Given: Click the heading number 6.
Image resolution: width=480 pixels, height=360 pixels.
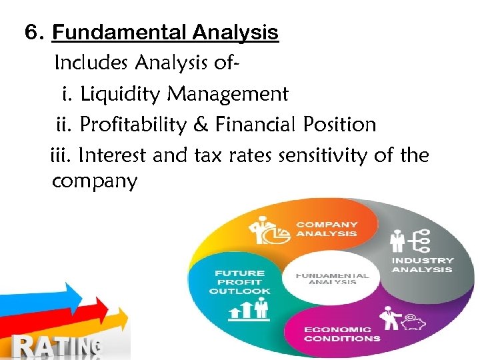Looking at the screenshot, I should (33, 33).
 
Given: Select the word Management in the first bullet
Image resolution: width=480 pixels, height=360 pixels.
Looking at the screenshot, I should (227, 95).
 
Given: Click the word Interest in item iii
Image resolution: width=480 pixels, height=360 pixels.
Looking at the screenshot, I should (113, 156).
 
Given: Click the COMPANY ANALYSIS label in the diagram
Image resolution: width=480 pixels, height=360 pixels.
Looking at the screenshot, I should (327, 229).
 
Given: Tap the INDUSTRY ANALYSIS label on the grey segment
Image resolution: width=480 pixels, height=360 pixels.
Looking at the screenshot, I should (422, 265).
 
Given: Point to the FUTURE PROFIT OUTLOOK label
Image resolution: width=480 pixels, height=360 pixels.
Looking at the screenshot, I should (240, 281).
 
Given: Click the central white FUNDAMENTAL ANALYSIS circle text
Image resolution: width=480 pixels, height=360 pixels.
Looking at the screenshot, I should (332, 279).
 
